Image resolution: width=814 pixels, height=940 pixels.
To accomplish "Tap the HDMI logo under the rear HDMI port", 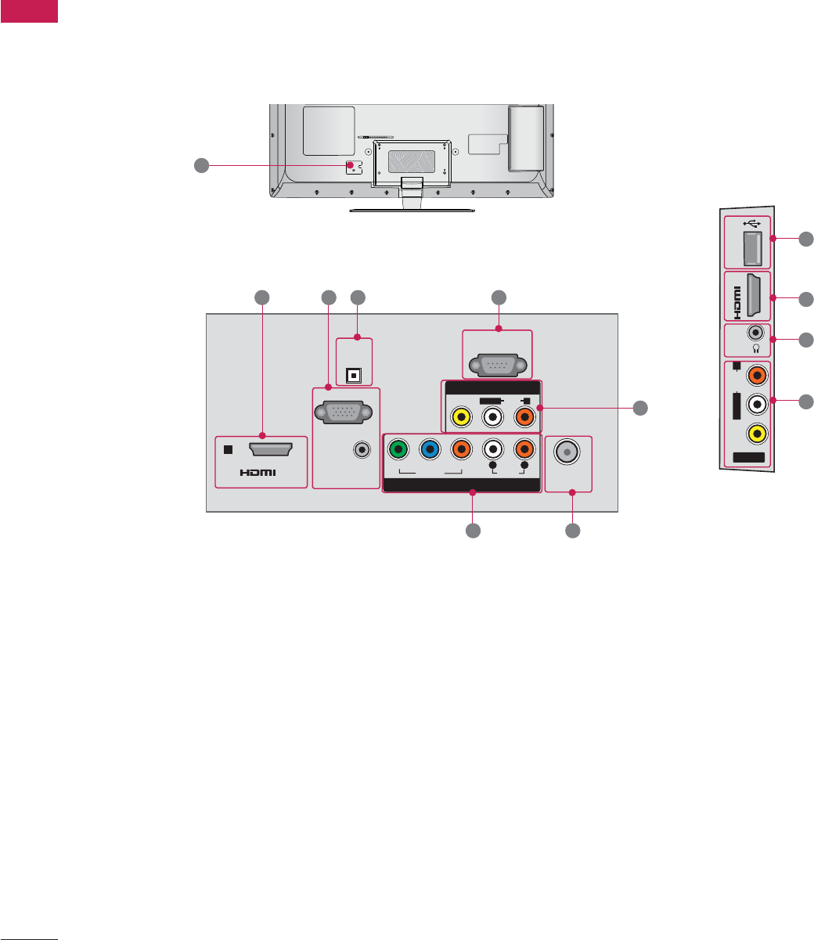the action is point(259,472).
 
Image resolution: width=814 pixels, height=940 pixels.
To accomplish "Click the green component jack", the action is point(398,450).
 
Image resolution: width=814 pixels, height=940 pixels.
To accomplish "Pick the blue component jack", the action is point(429,450).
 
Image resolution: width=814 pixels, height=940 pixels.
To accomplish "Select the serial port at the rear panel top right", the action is point(497,365).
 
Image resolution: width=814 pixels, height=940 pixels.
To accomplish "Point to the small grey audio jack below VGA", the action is point(361,450).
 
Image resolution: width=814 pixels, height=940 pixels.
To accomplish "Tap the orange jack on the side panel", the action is point(756,376).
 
